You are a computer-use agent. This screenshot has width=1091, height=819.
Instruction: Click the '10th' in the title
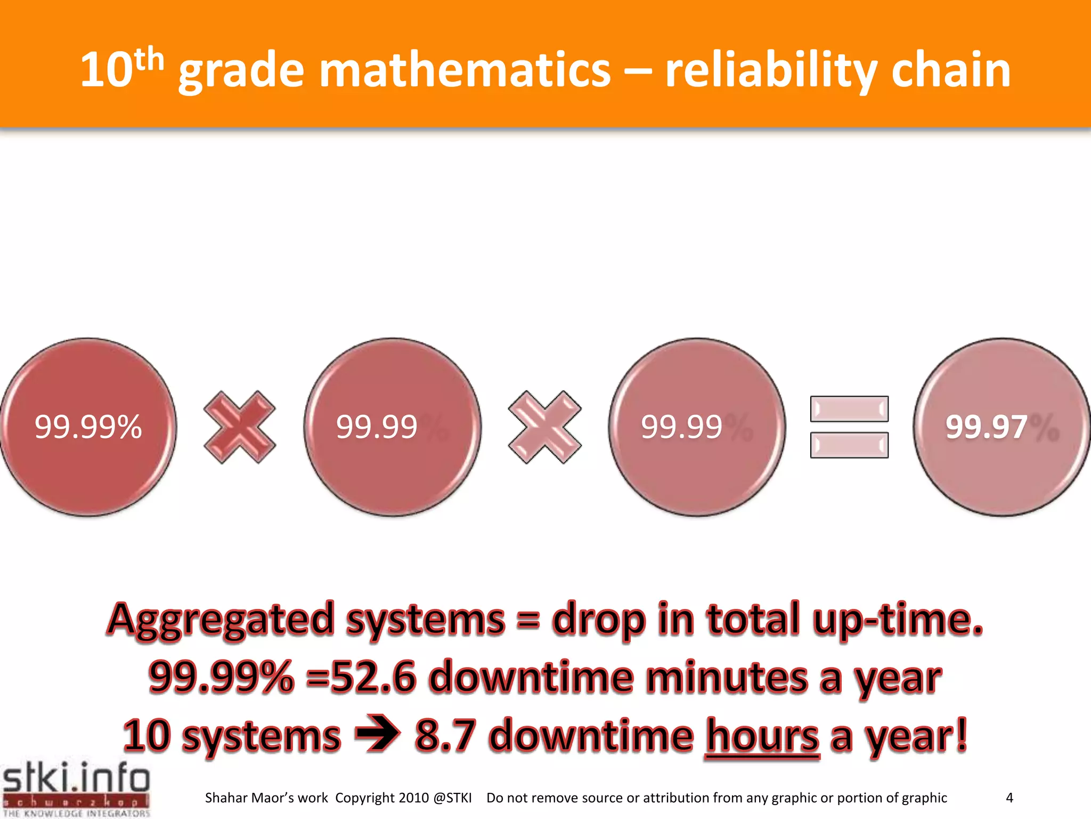[x=121, y=69]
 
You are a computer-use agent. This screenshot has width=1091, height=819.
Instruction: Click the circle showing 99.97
[x=1002, y=427]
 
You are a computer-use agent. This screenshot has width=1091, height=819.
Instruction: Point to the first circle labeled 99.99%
[x=88, y=427]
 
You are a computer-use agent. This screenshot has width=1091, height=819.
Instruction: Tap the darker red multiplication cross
[x=240, y=427]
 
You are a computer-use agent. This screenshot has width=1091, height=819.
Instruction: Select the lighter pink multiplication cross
[x=544, y=427]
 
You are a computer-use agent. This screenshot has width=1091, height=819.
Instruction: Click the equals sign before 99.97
[x=849, y=427]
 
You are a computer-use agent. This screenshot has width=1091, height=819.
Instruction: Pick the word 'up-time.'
[x=898, y=620]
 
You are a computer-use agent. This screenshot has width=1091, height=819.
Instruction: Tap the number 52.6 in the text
[x=373, y=677]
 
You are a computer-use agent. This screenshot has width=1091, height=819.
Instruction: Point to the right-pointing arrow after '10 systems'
[x=377, y=735]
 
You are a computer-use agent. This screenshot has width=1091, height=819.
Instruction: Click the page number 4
[x=1009, y=798]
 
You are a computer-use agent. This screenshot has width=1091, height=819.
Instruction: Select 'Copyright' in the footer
[x=365, y=798]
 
